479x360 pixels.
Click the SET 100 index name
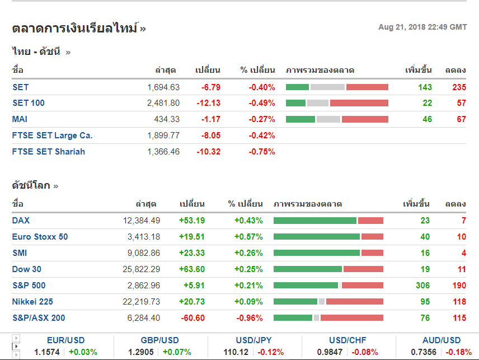click(29, 103)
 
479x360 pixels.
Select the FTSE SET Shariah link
click(49, 152)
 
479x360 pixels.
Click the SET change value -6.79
click(211, 87)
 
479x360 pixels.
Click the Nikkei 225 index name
click(32, 302)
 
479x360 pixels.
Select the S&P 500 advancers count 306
click(422, 286)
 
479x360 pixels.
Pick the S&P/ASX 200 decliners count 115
click(459, 318)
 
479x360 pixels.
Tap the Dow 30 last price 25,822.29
click(141, 269)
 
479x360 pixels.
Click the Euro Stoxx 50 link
click(40, 237)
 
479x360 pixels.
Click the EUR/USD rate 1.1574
click(46, 352)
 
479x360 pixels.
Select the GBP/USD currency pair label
click(160, 340)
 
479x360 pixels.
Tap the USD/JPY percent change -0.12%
click(270, 352)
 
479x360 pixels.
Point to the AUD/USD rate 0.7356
click(424, 352)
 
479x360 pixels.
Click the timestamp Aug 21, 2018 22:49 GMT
click(422, 27)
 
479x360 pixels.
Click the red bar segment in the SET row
click(367, 87)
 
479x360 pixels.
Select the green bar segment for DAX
click(314, 221)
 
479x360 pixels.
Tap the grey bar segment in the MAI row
click(328, 119)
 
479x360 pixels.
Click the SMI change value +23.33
click(191, 253)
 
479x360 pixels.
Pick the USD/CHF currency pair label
click(348, 340)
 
